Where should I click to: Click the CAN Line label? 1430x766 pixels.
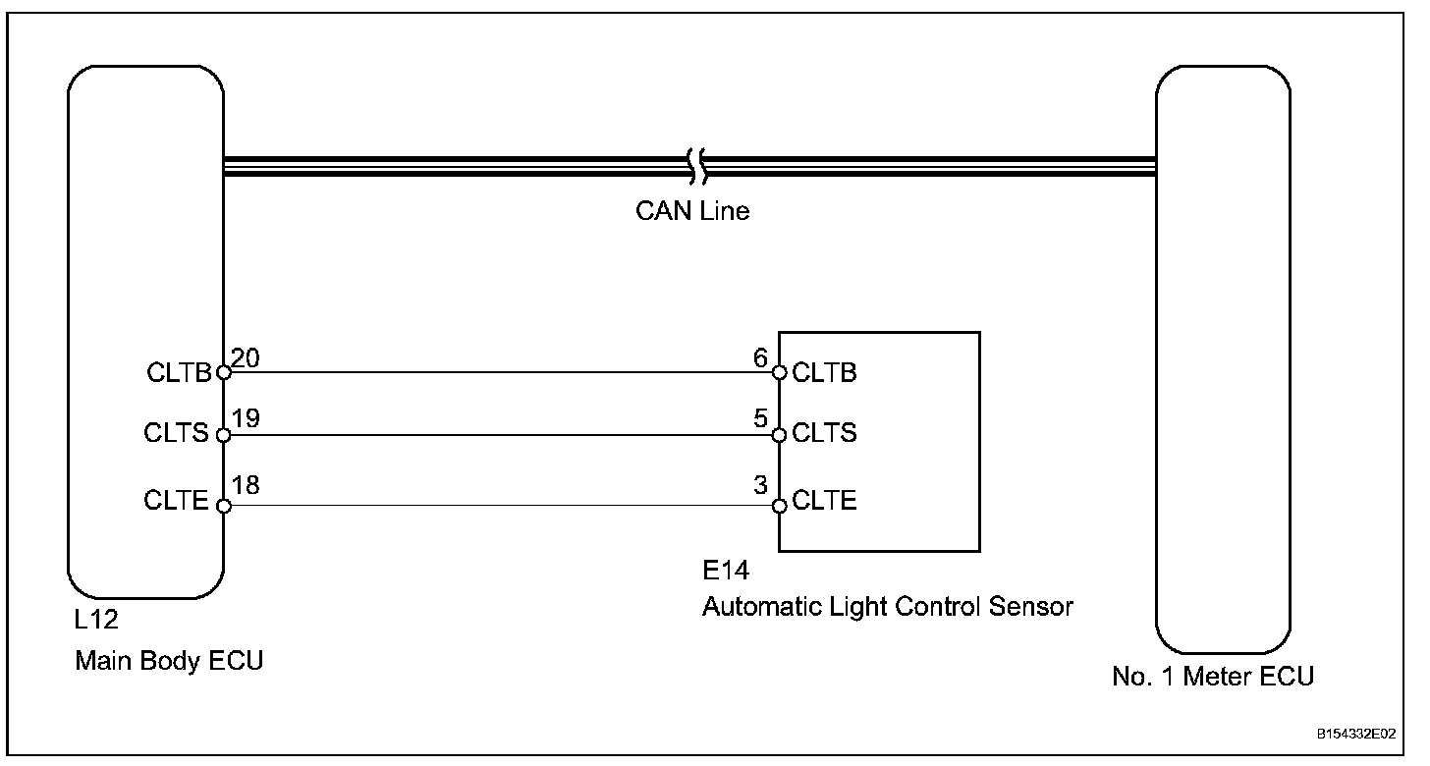pos(691,211)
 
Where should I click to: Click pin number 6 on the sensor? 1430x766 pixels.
pos(760,359)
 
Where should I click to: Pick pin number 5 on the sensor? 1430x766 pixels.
pos(760,420)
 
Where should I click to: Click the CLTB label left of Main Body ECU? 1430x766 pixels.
pos(180,373)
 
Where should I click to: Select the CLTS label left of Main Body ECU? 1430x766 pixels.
pos(177,433)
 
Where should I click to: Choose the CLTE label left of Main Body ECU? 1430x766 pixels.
pos(177,502)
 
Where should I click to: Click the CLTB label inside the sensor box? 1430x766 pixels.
pos(824,373)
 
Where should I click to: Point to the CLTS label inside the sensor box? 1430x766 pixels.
pos(824,433)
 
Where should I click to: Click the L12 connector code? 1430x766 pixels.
pos(96,622)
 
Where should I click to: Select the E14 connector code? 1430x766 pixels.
pos(725,571)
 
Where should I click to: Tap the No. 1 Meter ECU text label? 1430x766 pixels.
pos(1213,677)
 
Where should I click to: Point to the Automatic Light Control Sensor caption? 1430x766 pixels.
pos(887,607)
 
